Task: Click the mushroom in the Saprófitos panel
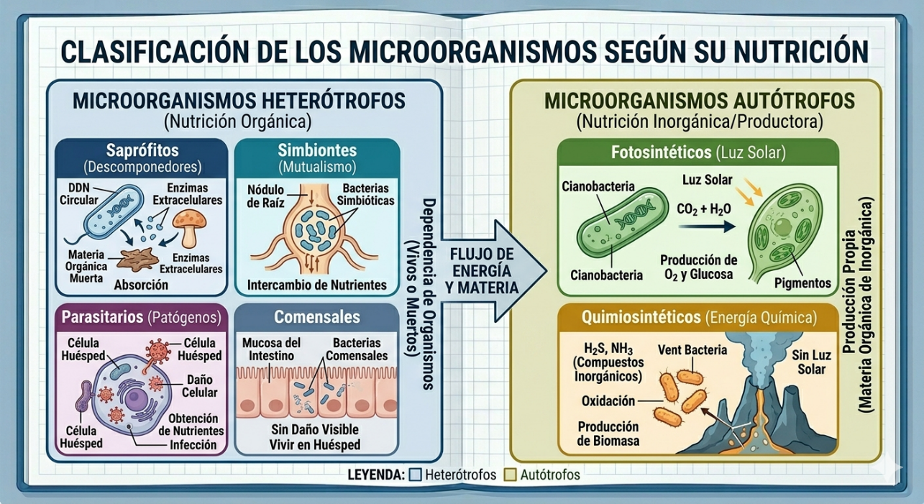point(189,227)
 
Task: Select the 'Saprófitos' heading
point(142,150)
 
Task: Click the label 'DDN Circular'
point(79,194)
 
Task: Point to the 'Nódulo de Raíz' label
point(265,196)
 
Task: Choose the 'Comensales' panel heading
point(317,317)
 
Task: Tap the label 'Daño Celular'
point(200,385)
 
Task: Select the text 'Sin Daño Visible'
point(315,429)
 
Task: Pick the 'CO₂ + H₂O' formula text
point(704,209)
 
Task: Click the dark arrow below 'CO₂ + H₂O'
point(707,226)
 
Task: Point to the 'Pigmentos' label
point(802,283)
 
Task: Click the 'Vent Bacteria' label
point(692,349)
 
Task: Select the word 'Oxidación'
point(608,400)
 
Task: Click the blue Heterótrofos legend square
point(415,475)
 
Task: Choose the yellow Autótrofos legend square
point(511,475)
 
